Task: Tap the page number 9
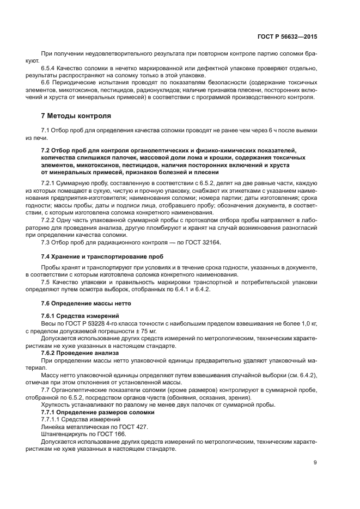315,463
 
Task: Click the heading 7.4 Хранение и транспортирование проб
101,255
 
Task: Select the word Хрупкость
56,404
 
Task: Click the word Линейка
53,427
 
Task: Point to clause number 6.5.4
49,68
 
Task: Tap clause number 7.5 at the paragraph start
46,282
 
